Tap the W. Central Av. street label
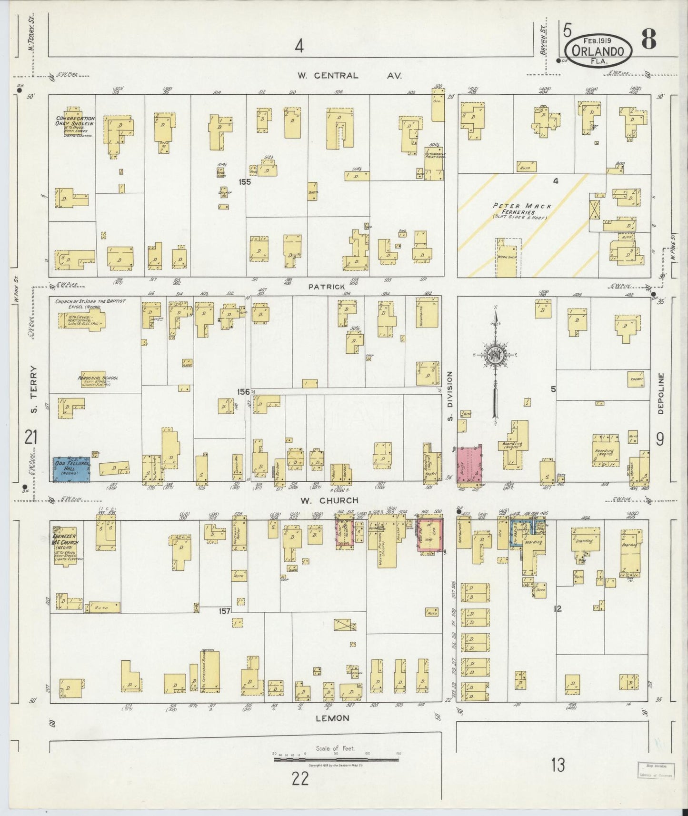point(349,75)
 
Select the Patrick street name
point(326,287)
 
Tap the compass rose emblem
point(496,355)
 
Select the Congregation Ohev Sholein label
point(75,121)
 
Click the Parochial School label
point(98,378)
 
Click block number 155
point(245,181)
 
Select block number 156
point(243,391)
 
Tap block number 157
point(225,610)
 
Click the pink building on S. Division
point(469,464)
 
